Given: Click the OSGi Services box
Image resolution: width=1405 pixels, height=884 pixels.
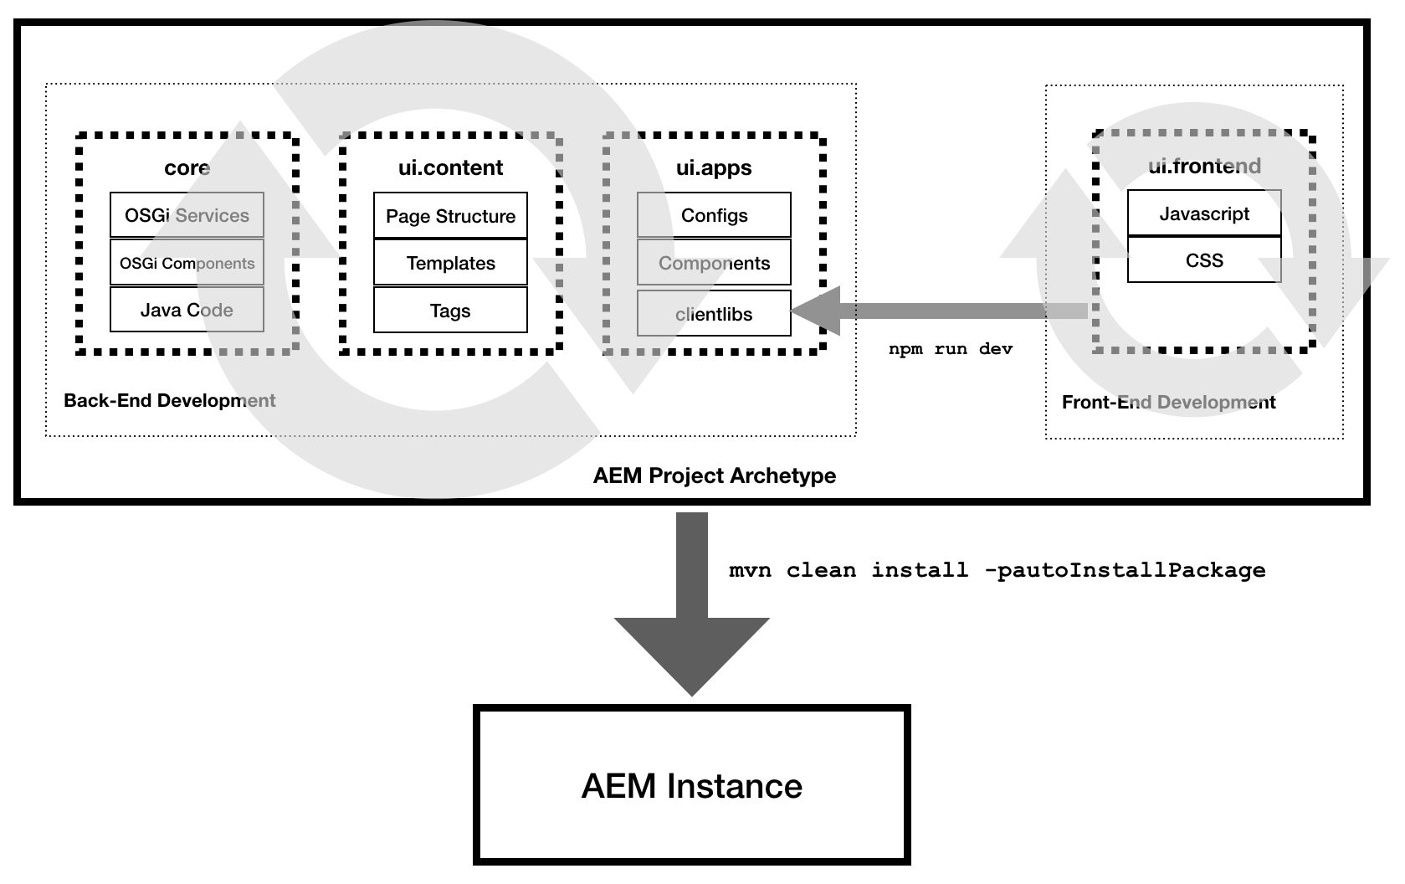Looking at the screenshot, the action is [187, 214].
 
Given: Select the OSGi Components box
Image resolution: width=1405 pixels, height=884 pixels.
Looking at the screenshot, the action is [187, 262].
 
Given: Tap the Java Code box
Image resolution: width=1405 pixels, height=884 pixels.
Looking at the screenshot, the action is [187, 309].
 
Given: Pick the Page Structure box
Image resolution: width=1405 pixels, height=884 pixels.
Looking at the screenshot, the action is [450, 215].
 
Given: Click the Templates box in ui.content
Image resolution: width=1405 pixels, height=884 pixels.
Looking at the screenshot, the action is [450, 262].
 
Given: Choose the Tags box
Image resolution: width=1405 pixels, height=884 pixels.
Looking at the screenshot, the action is [450, 310].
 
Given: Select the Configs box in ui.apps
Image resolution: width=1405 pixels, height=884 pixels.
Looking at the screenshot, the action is [714, 214].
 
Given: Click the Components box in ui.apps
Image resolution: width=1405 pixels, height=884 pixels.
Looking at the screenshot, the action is [714, 262].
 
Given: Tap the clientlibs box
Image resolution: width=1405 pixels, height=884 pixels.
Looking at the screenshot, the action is [714, 313].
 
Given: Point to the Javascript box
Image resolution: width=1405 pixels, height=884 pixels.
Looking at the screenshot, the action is [1204, 213].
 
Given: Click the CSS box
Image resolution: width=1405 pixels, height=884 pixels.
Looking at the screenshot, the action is [1204, 260].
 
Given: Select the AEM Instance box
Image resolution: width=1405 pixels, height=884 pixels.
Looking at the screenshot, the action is [692, 785].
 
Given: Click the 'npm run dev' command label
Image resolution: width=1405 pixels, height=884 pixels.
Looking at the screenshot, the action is [951, 349].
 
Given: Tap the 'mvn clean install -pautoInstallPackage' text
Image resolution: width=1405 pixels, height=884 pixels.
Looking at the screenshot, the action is [997, 570].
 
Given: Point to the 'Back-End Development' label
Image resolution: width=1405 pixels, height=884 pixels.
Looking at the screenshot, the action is [169, 400].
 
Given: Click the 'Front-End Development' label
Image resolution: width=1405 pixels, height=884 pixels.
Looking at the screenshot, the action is [1168, 402].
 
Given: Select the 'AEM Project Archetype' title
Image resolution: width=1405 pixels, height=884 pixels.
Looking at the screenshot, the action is [715, 475].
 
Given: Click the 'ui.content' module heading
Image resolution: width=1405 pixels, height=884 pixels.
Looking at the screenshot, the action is [450, 167].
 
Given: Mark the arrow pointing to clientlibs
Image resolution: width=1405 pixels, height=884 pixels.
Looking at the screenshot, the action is [939, 311].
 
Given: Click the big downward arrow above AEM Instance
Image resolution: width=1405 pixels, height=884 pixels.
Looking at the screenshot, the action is [692, 604].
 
